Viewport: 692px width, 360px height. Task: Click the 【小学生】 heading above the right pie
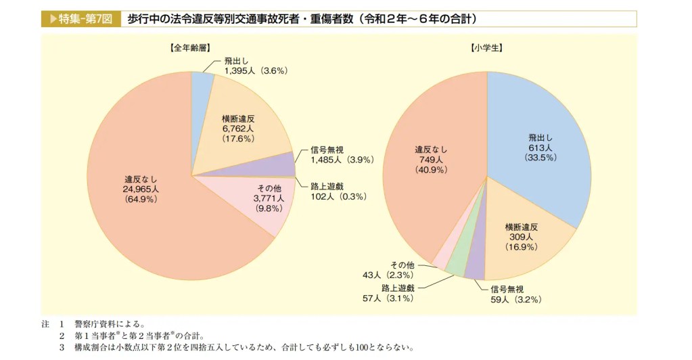coord(486,49)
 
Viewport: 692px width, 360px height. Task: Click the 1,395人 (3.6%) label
coord(256,70)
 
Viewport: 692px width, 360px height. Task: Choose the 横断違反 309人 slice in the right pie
coord(525,236)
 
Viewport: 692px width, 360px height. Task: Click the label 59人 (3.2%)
coord(515,298)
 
